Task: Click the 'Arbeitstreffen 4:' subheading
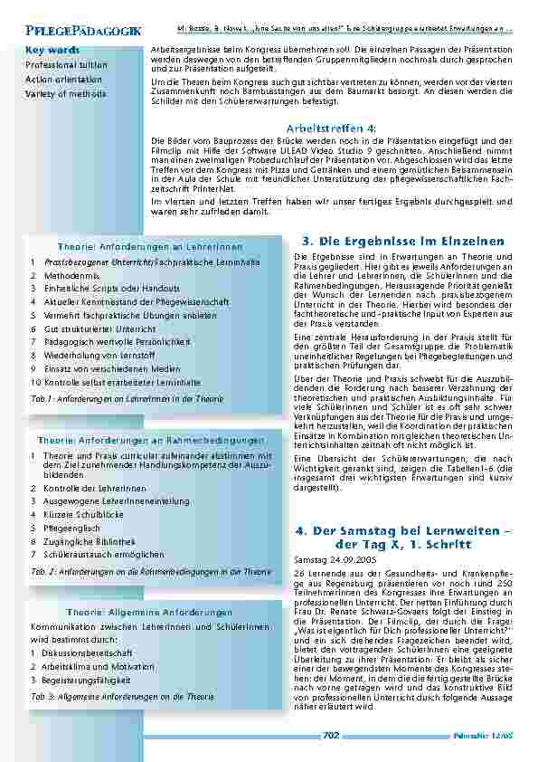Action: point(331,129)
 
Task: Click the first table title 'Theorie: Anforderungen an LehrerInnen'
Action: point(149,247)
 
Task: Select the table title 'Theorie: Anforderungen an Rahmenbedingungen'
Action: point(149,441)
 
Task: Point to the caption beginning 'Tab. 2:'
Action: point(150,572)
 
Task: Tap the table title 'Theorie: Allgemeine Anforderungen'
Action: point(149,613)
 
